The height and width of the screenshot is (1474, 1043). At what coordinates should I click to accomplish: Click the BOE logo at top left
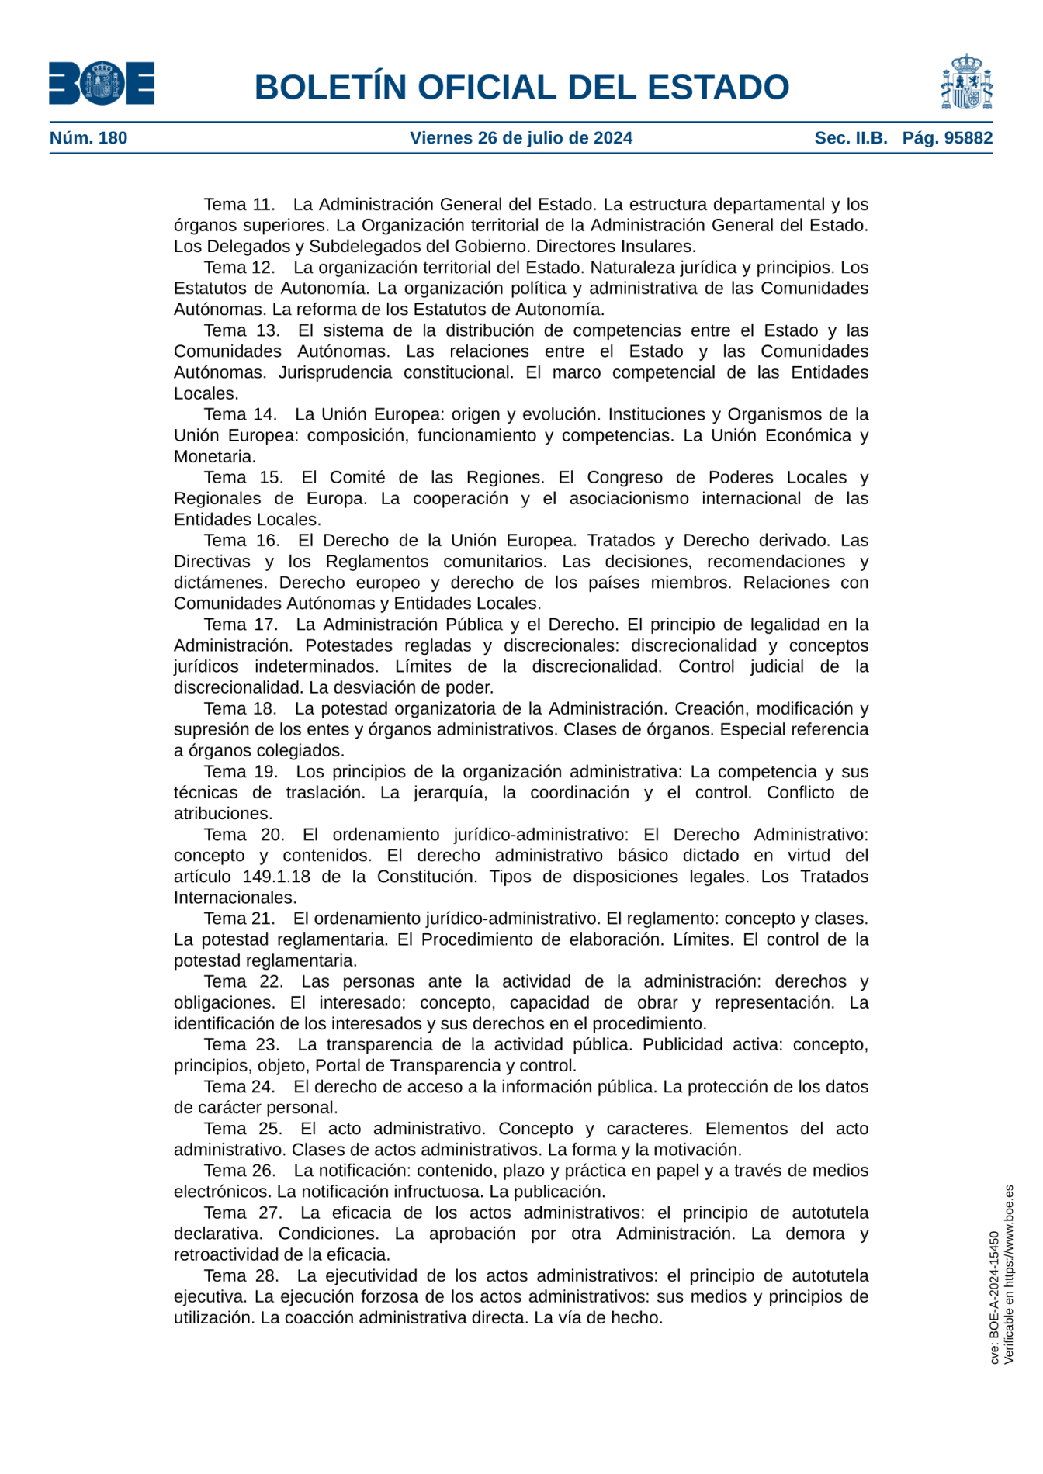102,83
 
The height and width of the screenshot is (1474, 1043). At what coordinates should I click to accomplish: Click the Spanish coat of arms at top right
966,82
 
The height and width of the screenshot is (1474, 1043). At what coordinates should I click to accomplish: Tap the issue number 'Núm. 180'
88,138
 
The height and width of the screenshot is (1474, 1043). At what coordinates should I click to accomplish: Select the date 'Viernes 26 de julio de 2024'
521,138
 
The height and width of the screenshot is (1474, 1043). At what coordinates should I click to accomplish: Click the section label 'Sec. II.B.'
851,138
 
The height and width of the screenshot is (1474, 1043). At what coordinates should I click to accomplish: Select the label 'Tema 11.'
239,205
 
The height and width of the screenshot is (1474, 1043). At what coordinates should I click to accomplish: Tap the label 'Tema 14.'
240,414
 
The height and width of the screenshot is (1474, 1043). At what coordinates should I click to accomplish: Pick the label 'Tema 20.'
244,835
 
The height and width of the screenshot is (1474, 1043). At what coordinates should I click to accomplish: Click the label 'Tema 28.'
241,1276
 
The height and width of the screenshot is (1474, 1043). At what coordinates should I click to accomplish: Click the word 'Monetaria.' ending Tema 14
215,456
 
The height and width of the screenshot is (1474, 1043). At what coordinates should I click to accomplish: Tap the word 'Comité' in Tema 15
358,477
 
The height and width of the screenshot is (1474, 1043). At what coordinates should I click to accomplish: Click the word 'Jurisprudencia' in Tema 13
335,372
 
